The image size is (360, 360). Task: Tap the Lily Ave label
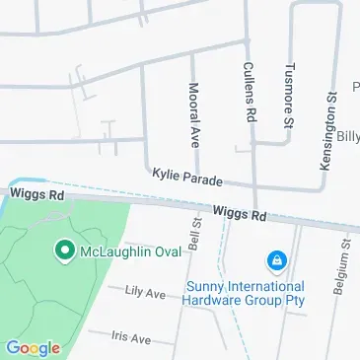[x=145, y=292]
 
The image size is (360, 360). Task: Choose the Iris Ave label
[x=131, y=337]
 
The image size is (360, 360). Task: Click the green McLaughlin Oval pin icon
[x=65, y=252]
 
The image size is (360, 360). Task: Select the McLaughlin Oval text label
[x=129, y=253]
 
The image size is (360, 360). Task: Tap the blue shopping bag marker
[x=277, y=261]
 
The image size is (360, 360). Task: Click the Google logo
[x=33, y=347]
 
